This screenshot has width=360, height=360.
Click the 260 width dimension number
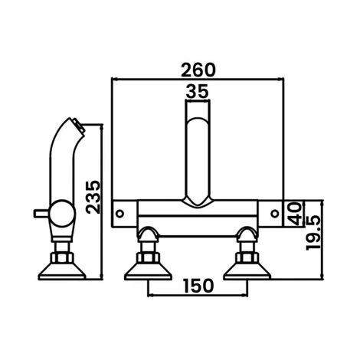pos(198,68)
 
